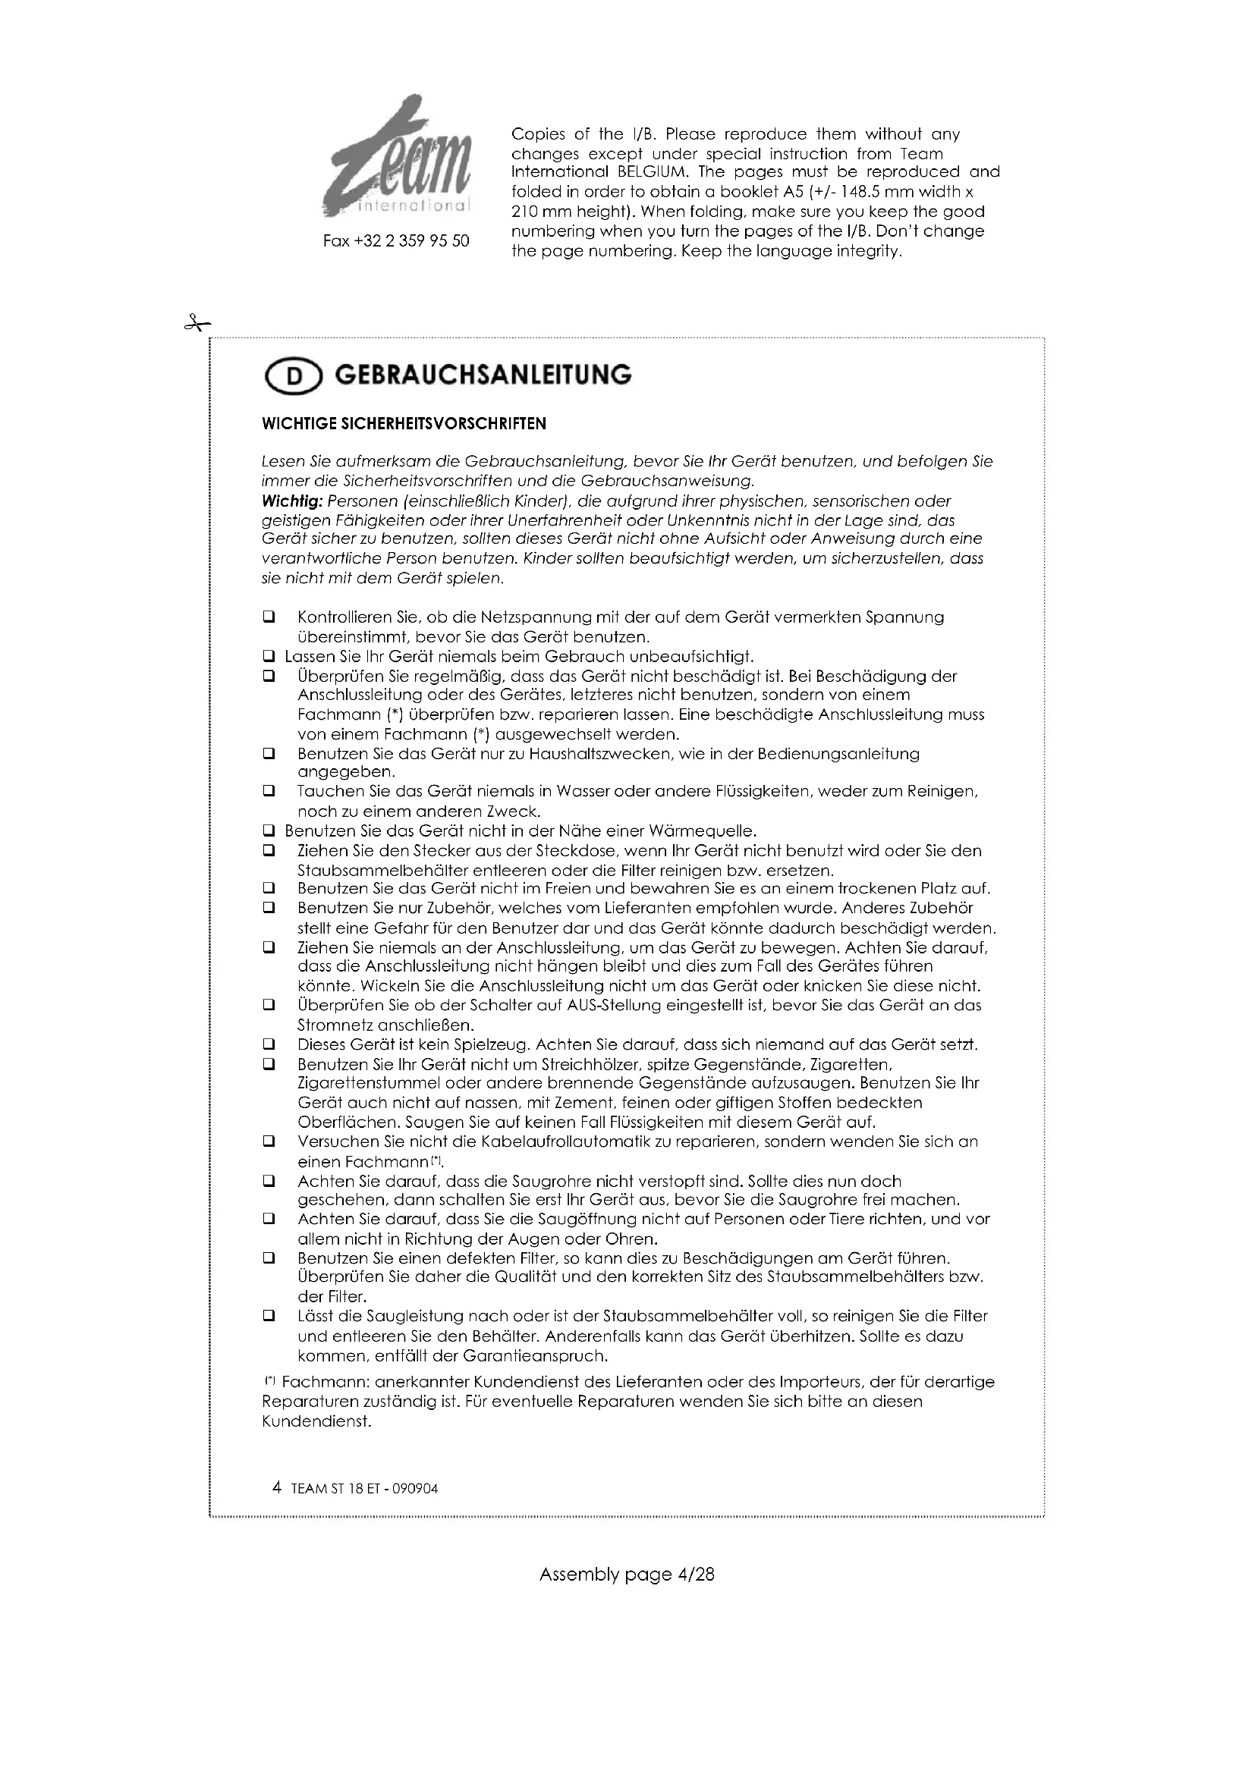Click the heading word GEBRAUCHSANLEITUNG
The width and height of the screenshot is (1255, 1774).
483,375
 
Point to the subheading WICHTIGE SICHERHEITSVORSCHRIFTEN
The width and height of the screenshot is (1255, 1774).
404,423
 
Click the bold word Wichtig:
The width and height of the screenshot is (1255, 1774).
292,501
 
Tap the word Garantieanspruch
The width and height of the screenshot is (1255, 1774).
536,1356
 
